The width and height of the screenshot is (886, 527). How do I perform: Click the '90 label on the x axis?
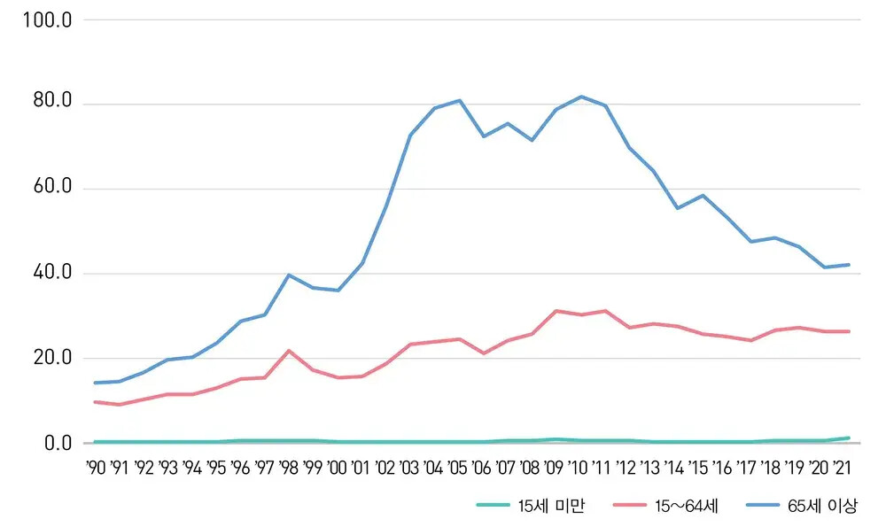tap(96, 468)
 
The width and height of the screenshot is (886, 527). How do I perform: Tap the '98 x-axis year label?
tap(288, 468)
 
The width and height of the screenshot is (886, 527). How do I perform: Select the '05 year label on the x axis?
tap(458, 468)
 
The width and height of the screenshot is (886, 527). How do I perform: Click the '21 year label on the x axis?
tap(845, 468)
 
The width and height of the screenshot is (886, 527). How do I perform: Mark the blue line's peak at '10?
tap(581, 97)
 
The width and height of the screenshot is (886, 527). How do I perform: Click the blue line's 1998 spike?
tap(289, 275)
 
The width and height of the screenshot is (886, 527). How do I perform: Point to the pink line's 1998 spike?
tap(289, 351)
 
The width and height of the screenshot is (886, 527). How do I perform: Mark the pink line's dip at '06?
tap(483, 353)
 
